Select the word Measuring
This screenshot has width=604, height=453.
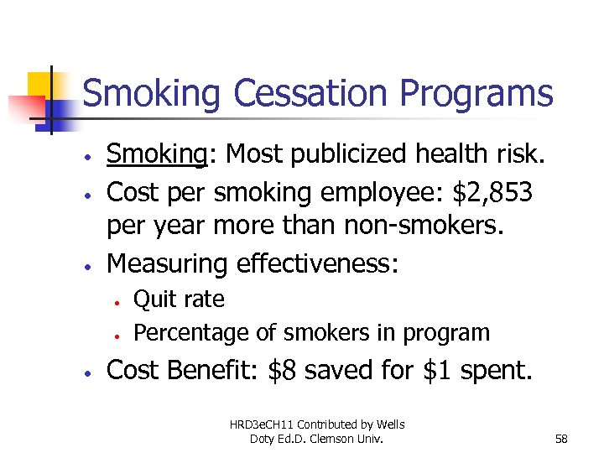point(168,264)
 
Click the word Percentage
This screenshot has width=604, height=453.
point(192,333)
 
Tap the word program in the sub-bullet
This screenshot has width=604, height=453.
point(448,334)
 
